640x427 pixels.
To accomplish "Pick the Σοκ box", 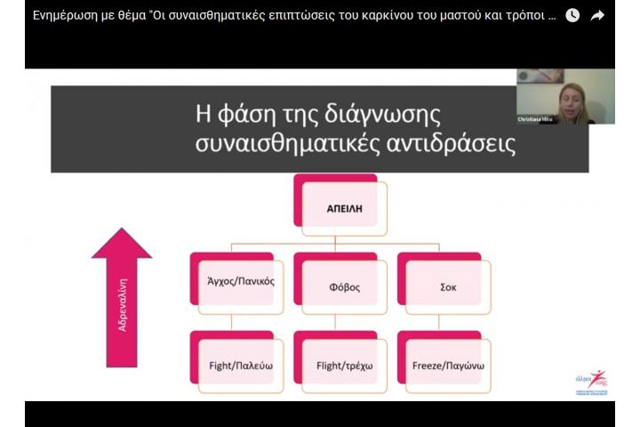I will click(447, 286).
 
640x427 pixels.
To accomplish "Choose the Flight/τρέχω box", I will click(344, 365).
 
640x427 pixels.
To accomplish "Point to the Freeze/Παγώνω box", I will click(447, 365).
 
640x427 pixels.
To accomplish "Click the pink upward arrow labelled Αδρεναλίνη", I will click(122, 298).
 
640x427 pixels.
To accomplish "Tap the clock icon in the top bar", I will click(572, 15).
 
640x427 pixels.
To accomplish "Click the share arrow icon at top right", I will click(597, 15).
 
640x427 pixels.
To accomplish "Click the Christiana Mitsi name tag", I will click(535, 119).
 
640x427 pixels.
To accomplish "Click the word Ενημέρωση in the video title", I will click(69, 15).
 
